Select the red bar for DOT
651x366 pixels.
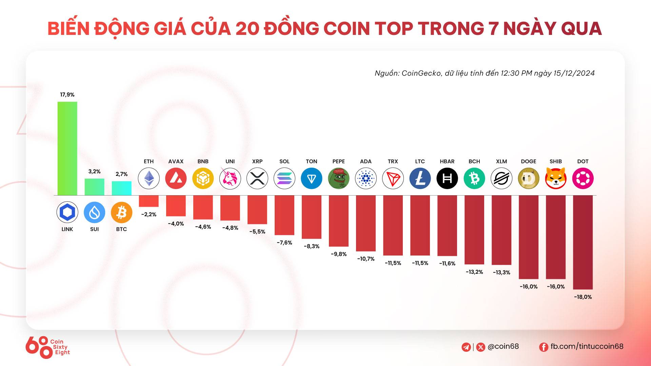(583, 242)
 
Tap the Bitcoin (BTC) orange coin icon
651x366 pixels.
(121, 212)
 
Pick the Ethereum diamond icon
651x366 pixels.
(149, 178)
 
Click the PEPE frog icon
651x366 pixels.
(338, 178)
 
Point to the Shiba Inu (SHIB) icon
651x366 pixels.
(556, 178)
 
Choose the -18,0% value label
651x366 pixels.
(583, 297)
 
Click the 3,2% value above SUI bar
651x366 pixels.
(94, 171)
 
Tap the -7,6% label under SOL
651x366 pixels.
(284, 243)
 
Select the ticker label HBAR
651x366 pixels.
(447, 161)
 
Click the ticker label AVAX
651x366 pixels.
(176, 161)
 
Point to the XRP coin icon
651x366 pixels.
(257, 178)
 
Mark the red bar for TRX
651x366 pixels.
(393, 225)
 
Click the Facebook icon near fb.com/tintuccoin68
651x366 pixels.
(544, 347)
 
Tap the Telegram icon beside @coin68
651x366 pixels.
(466, 347)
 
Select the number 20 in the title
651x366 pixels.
(246, 28)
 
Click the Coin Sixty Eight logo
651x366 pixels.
(47, 347)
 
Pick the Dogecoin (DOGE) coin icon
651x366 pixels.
(528, 178)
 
